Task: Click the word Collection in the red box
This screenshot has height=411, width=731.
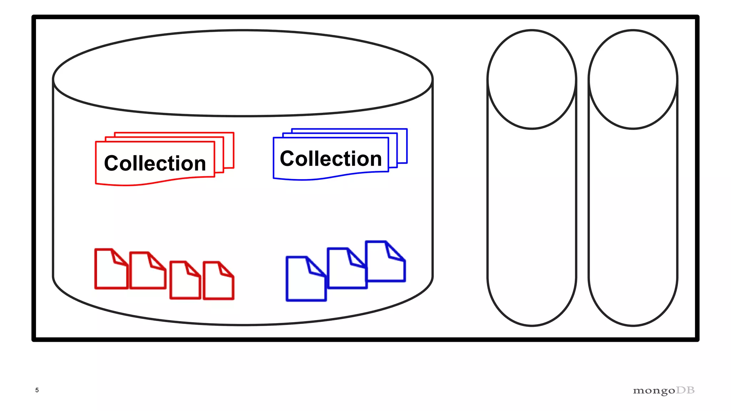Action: [155, 163]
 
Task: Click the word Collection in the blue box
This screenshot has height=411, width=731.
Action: [331, 158]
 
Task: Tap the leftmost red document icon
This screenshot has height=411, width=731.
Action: [111, 269]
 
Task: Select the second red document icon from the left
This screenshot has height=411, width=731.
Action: [147, 271]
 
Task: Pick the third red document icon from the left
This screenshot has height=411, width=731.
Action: [185, 281]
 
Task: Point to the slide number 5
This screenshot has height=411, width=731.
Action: [37, 390]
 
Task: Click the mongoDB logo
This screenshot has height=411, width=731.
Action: [664, 391]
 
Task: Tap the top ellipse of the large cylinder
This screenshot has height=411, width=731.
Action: [243, 73]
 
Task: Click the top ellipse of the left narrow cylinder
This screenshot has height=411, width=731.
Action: [532, 79]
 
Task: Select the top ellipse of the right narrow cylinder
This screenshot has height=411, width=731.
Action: [633, 79]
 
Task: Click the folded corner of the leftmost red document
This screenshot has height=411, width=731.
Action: [119, 258]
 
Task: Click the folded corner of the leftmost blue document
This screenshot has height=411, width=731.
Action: [315, 268]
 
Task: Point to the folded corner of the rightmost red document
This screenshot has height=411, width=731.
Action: [225, 270]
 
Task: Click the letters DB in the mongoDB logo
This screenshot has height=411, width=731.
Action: [685, 390]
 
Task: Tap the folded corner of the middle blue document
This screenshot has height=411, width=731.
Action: [356, 259]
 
